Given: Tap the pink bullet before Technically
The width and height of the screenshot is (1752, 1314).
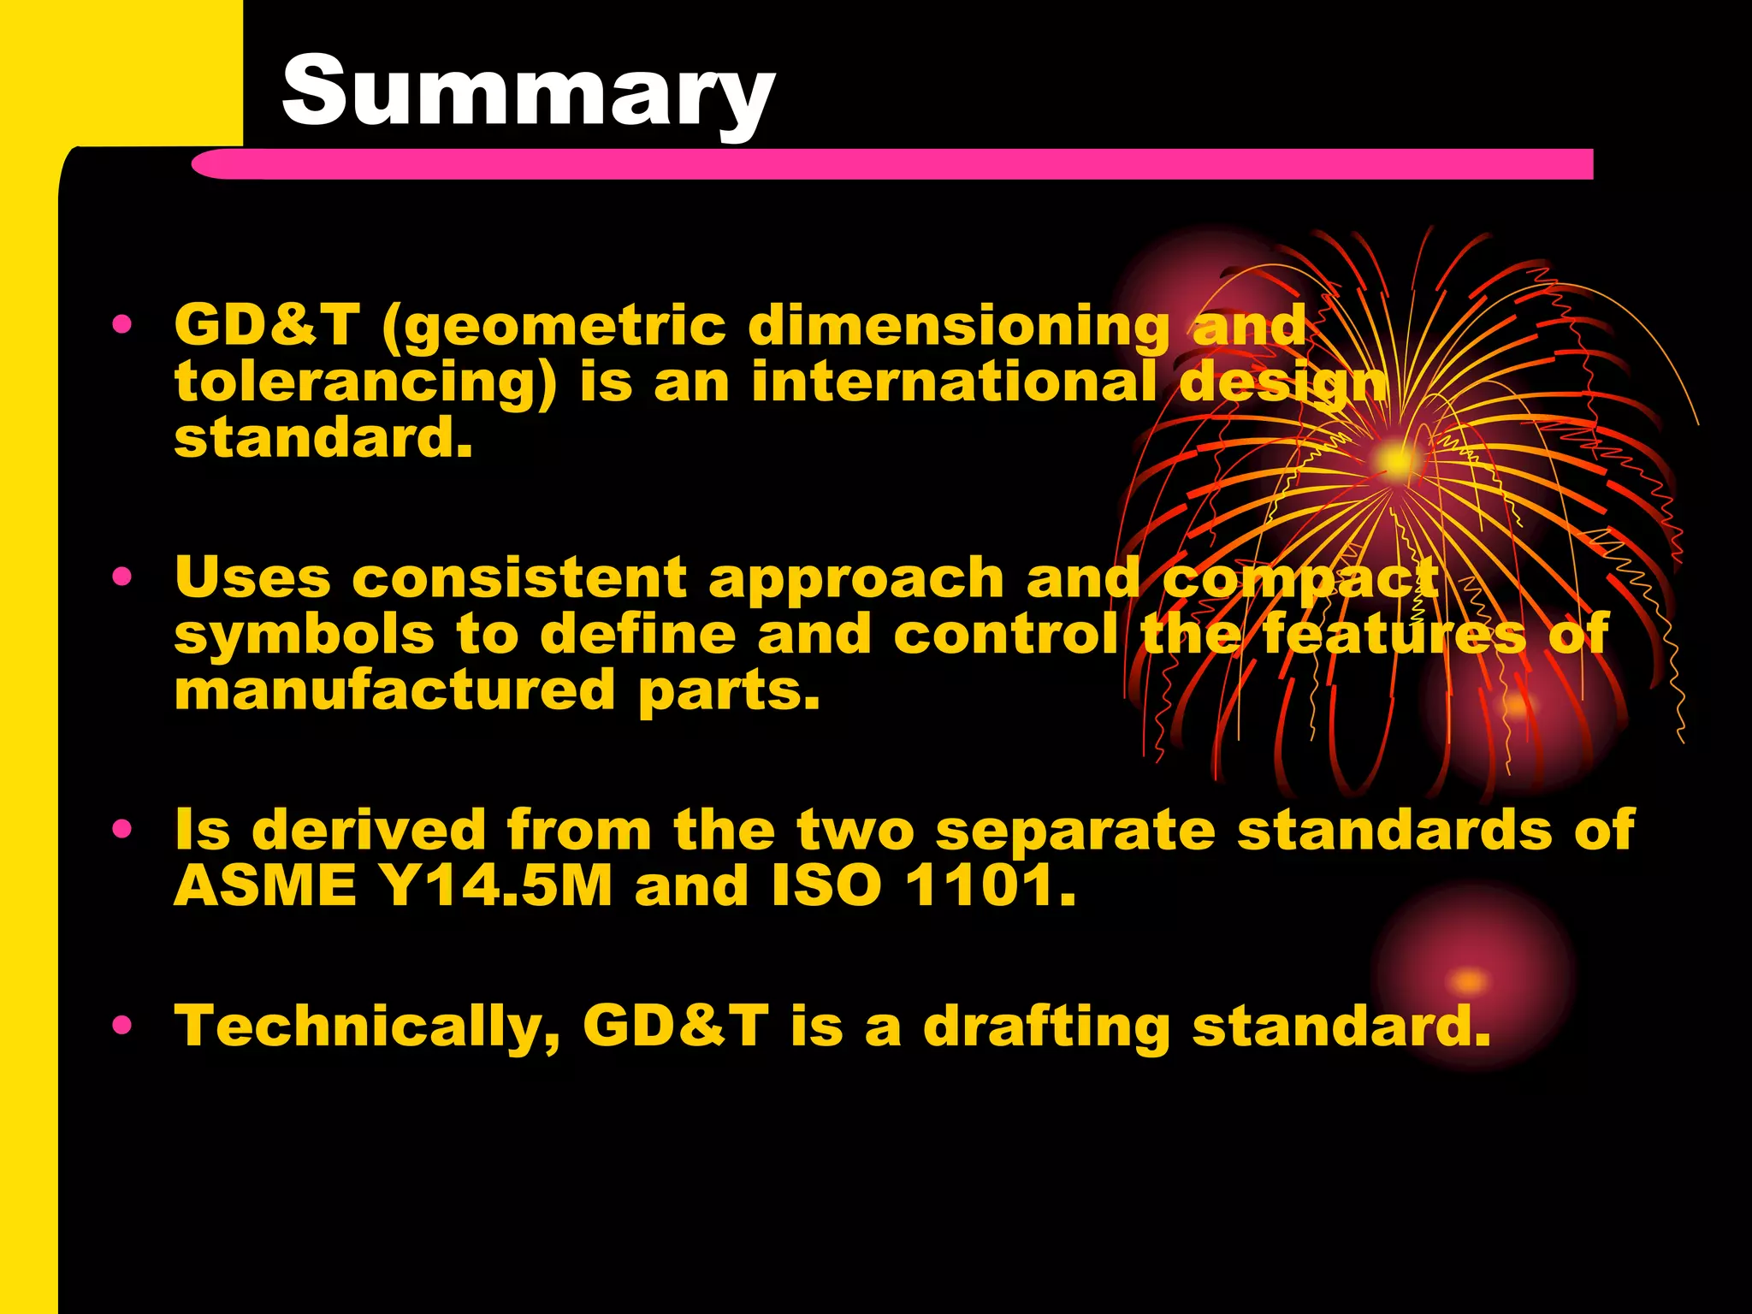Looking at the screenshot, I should [123, 1024].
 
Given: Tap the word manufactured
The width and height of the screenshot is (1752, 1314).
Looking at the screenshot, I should [395, 690].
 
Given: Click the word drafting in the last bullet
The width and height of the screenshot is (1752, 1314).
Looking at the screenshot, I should [1046, 1026].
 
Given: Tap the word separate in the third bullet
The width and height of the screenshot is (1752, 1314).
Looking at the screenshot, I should [1075, 830].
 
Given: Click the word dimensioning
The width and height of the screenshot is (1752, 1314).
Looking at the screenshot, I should [959, 326].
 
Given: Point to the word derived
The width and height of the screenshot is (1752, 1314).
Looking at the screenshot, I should [369, 830].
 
